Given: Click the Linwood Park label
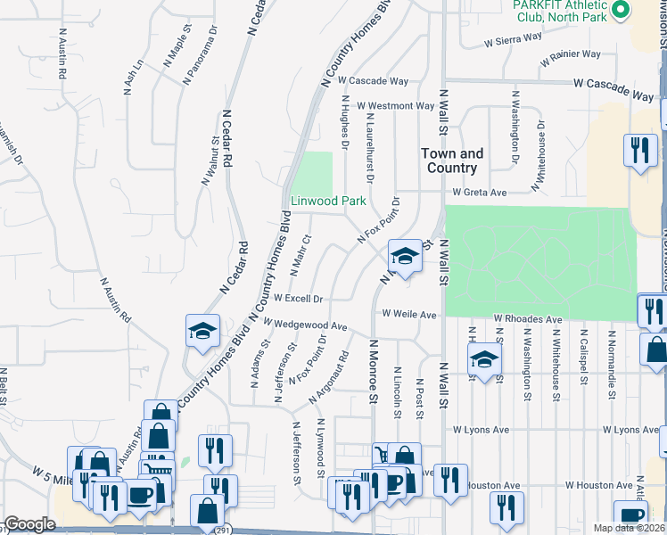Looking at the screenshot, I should [x=328, y=201].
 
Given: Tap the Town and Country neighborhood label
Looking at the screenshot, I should [x=452, y=160].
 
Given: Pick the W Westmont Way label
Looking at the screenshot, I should [x=400, y=105].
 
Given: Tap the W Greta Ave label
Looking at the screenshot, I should [x=479, y=192].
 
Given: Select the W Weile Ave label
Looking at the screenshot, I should [x=409, y=314].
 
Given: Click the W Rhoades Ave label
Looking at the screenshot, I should [x=528, y=318].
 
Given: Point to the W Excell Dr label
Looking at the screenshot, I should [x=298, y=298].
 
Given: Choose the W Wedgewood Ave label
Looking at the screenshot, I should [x=304, y=325].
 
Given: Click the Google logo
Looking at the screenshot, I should [x=30, y=524].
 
